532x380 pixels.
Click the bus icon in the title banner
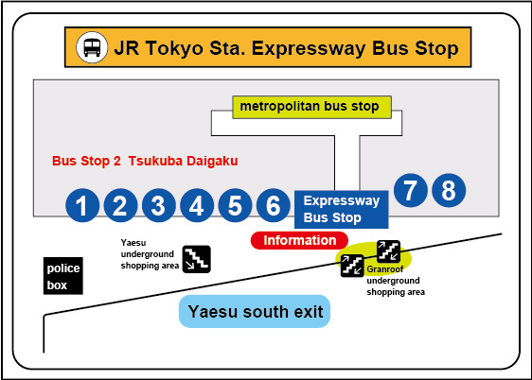pyautogui.click(x=92, y=47)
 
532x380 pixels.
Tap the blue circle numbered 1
pyautogui.click(x=82, y=205)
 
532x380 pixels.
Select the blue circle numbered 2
pyautogui.click(x=120, y=205)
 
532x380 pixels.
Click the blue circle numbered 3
pyautogui.click(x=159, y=205)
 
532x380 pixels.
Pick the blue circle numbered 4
pyautogui.click(x=197, y=205)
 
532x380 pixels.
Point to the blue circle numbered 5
pyautogui.click(x=235, y=205)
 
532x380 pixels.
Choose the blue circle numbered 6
pyautogui.click(x=274, y=205)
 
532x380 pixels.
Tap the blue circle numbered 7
pyautogui.click(x=411, y=190)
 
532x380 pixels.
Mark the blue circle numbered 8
pyautogui.click(x=449, y=190)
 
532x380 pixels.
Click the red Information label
pyautogui.click(x=299, y=240)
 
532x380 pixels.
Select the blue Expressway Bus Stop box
pyautogui.click(x=342, y=209)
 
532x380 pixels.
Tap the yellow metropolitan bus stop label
pyautogui.click(x=311, y=107)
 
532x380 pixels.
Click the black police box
pyautogui.click(x=63, y=276)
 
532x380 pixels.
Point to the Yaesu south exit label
pyautogui.click(x=255, y=312)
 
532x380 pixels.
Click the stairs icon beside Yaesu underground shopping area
pyautogui.click(x=197, y=259)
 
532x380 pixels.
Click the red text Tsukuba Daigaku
pyautogui.click(x=183, y=162)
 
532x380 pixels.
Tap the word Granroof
pyautogui.click(x=385, y=269)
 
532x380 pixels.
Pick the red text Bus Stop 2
pyautogui.click(x=86, y=162)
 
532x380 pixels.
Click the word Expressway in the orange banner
pyautogui.click(x=309, y=48)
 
